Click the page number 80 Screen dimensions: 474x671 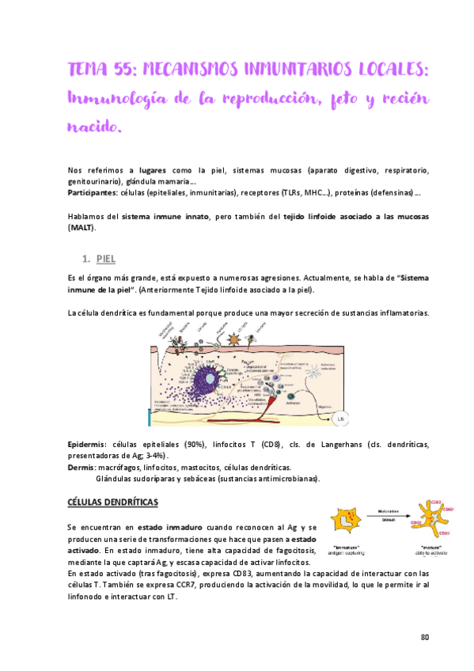[424, 637]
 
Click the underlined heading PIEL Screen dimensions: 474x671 [106, 259]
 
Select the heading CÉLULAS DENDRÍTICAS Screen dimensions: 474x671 [112, 502]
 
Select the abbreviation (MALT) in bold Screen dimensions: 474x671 [81, 228]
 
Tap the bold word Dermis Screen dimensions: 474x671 [81, 468]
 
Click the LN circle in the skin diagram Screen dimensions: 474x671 [341, 417]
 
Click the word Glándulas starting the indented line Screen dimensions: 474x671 [116, 479]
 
